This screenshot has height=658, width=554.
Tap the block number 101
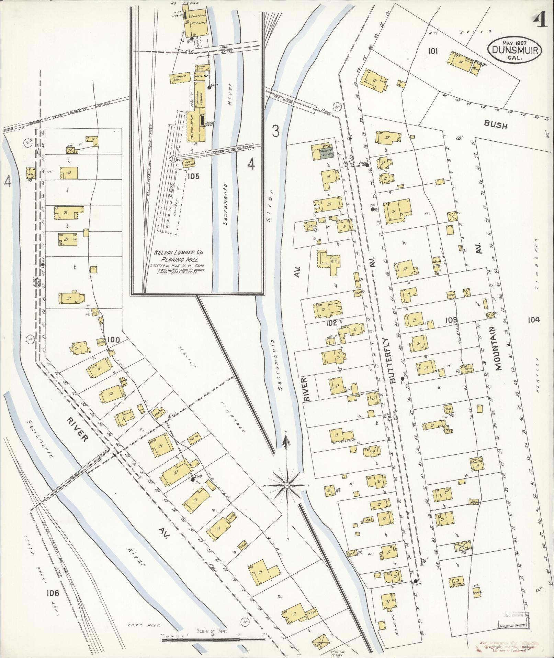[433, 51]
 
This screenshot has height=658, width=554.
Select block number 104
[534, 320]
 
